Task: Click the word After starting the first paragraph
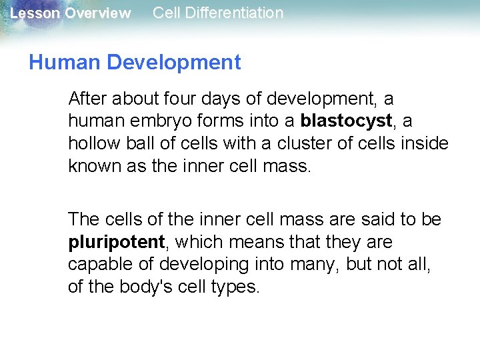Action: coord(87,99)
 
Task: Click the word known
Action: coord(92,166)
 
